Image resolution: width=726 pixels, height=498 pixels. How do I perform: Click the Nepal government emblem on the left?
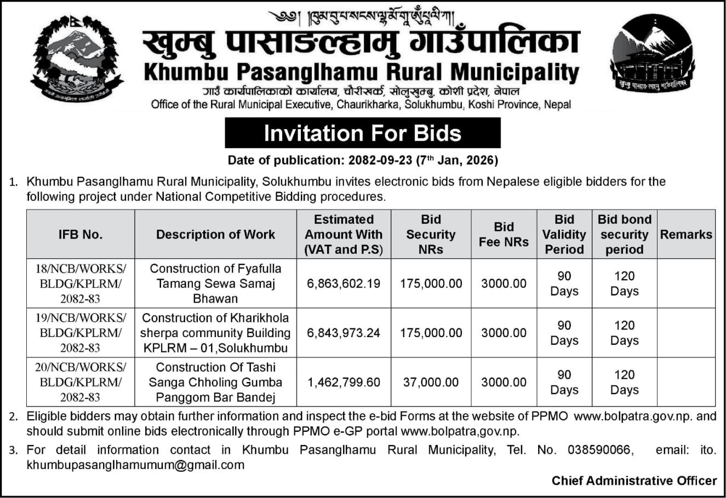pyautogui.click(x=77, y=59)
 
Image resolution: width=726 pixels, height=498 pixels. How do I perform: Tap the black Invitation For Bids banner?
pyautogui.click(x=362, y=133)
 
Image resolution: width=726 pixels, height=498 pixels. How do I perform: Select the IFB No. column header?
pyautogui.click(x=81, y=234)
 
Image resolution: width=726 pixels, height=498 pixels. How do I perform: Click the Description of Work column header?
pyautogui.click(x=215, y=234)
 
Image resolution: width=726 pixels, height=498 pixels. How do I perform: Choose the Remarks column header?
pyautogui.click(x=686, y=234)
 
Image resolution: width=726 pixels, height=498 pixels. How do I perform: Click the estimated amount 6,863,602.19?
pyautogui.click(x=344, y=283)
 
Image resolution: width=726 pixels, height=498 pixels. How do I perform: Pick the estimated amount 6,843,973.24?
pyautogui.click(x=344, y=333)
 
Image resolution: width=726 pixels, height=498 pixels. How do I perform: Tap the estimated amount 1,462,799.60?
pyautogui.click(x=344, y=382)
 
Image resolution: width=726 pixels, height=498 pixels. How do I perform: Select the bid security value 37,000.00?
pyautogui.click(x=431, y=382)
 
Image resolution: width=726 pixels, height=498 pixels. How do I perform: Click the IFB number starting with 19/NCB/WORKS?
pyautogui.click(x=81, y=333)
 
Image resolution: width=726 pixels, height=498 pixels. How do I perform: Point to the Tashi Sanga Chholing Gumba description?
pyautogui.click(x=215, y=382)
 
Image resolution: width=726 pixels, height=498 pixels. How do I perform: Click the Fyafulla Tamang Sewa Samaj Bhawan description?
pyautogui.click(x=215, y=283)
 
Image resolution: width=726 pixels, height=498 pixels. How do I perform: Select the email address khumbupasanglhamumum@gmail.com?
pyautogui.click(x=135, y=465)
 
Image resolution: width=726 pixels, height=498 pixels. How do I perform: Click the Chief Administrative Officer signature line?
pyautogui.click(x=634, y=480)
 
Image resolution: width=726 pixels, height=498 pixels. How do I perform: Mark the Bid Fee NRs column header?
pyautogui.click(x=504, y=234)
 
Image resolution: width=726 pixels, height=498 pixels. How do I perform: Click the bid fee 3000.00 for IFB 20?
pyautogui.click(x=504, y=382)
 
